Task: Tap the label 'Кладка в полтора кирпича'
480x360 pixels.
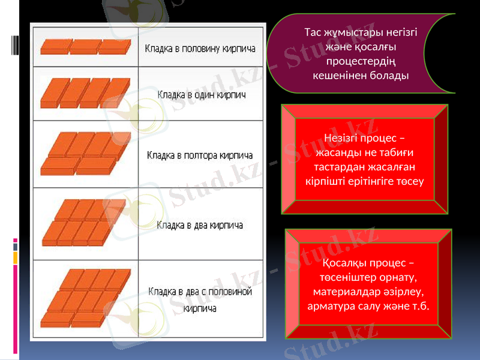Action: tap(200, 155)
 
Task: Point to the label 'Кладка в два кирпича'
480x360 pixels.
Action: tap(200, 226)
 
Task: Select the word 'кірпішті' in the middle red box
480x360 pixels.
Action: tap(328, 180)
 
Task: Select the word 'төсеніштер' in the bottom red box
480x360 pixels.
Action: tap(344, 278)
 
